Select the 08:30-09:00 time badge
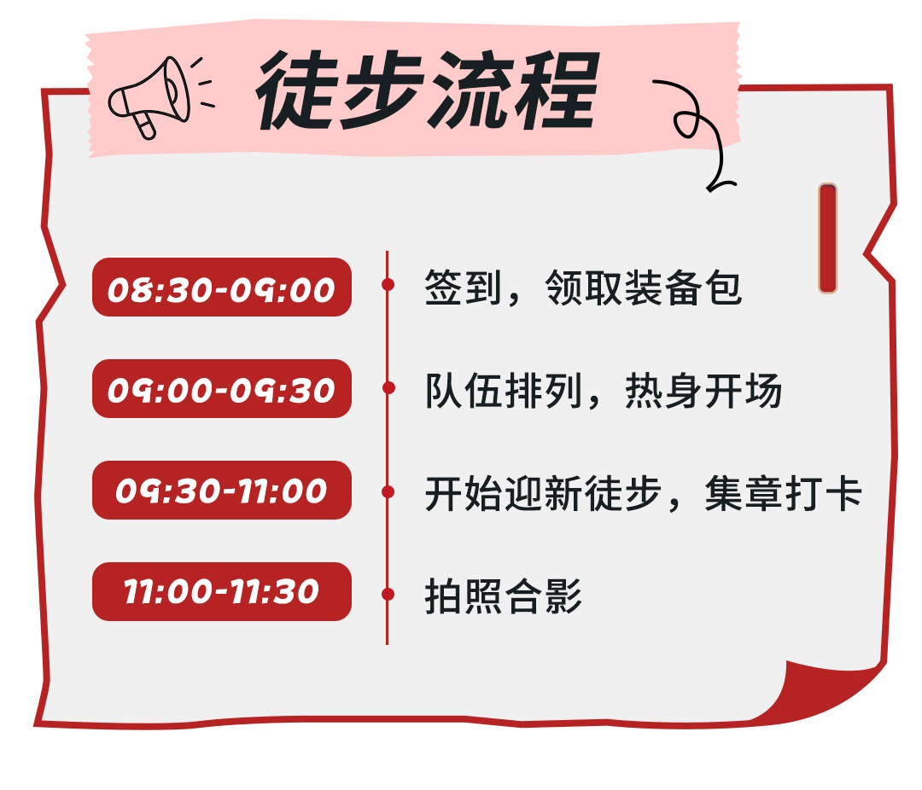(222, 287)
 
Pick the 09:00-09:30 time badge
(222, 388)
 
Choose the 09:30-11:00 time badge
(222, 491)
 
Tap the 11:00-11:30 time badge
(222, 591)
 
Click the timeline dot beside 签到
(388, 284)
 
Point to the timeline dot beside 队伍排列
(388, 388)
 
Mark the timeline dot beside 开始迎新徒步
(388, 491)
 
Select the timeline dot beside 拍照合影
(388, 595)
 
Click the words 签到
(464, 288)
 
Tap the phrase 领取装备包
(644, 288)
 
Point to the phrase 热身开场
(703, 391)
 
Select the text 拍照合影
(504, 596)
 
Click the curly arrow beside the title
(697, 130)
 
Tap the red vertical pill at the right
(827, 238)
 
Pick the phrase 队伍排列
(504, 391)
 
